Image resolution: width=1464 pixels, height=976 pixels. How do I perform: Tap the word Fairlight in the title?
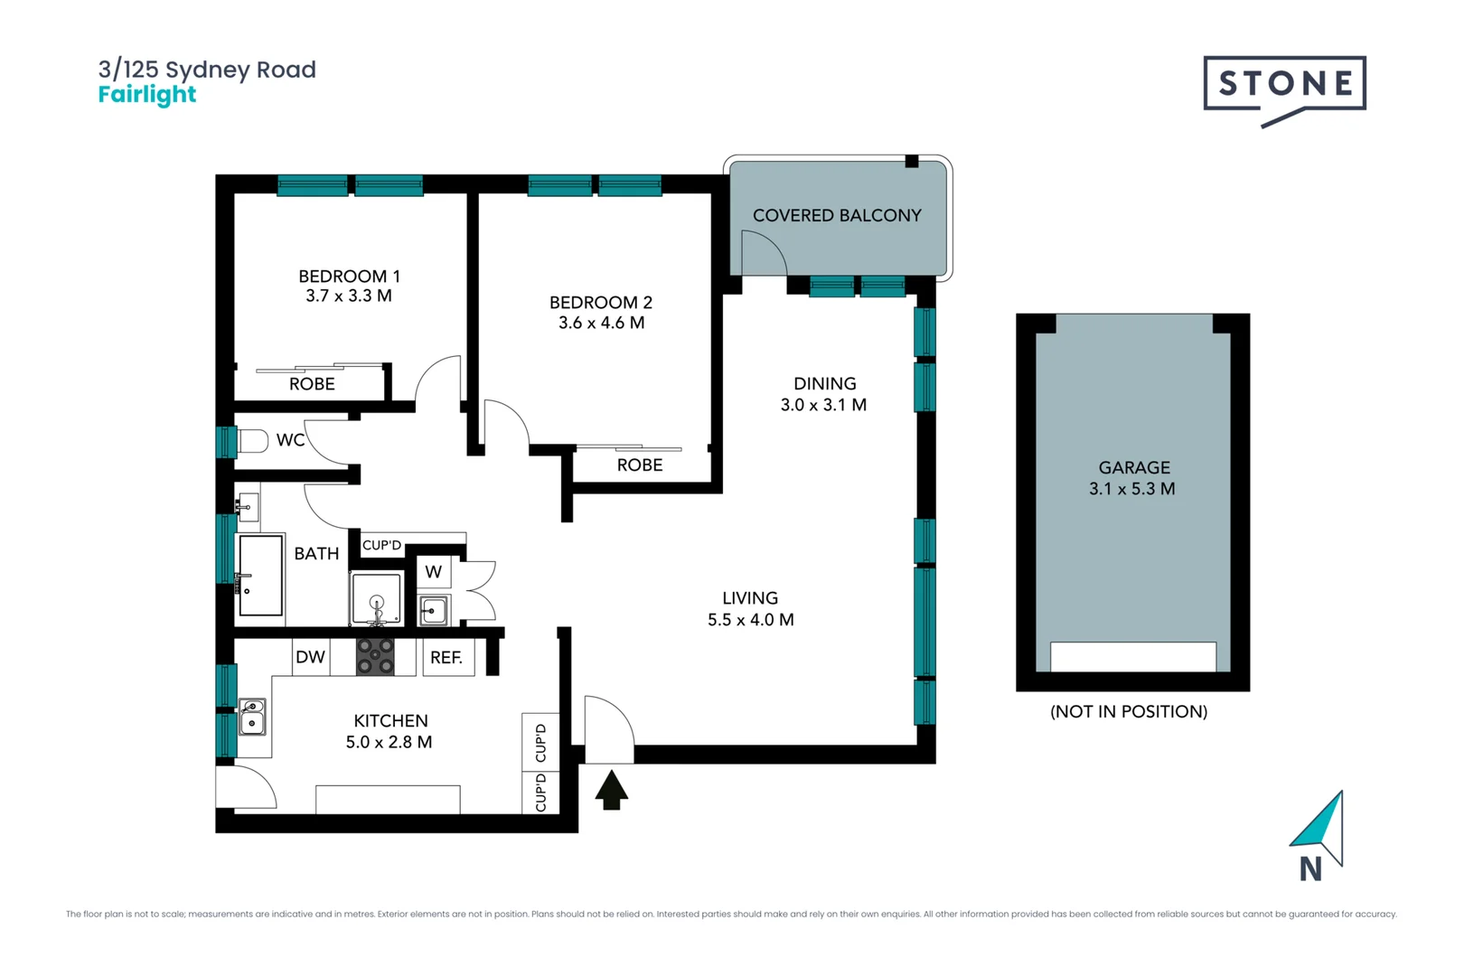(147, 95)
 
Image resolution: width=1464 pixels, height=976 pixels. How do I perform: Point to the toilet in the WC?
(252, 441)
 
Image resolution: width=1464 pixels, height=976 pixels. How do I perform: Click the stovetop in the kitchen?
(375, 657)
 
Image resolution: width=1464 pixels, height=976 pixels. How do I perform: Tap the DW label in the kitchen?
(310, 657)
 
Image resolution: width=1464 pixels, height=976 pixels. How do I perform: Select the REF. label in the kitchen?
(446, 658)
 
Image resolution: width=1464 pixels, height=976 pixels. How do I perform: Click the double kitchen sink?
(252, 716)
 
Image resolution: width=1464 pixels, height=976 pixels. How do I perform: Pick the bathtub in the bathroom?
(260, 576)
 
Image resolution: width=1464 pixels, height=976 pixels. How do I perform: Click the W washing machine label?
(434, 572)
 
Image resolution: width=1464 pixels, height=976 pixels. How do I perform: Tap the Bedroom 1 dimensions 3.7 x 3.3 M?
(349, 296)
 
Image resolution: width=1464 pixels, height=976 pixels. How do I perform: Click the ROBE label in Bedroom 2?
(640, 465)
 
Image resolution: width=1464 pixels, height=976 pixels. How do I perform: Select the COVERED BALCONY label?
(837, 216)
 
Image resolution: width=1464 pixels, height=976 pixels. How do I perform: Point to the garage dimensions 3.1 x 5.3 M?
(1132, 489)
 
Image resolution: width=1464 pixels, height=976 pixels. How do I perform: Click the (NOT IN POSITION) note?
(1129, 711)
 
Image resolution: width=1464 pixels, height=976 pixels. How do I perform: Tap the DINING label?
(824, 384)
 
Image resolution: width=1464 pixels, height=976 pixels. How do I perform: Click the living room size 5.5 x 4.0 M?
(750, 620)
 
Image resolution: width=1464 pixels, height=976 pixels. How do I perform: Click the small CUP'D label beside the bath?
(381, 545)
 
